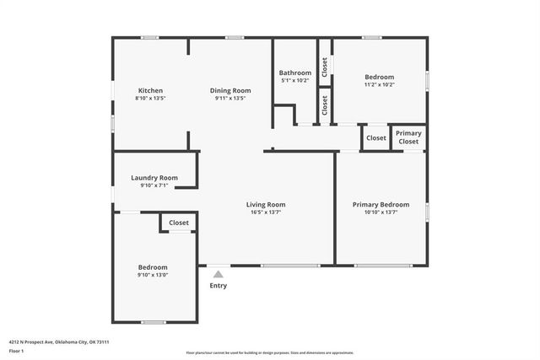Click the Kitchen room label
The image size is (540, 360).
pyautogui.click(x=150, y=90)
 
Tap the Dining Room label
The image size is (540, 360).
pyautogui.click(x=230, y=90)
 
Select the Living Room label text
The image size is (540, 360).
pyautogui.click(x=266, y=204)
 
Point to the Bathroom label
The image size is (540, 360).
pyautogui.click(x=295, y=73)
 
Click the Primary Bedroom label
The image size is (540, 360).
pyautogui.click(x=381, y=204)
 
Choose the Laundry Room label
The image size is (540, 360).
pyautogui.click(x=154, y=178)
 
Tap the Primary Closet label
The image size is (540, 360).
pyautogui.click(x=408, y=137)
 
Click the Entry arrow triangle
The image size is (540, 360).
pyautogui.click(x=219, y=273)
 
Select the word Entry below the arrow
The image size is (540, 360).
pyautogui.click(x=219, y=286)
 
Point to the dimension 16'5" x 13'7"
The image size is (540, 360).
pyautogui.click(x=266, y=212)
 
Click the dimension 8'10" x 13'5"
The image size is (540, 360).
pyautogui.click(x=150, y=99)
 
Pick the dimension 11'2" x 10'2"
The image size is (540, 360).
pyautogui.click(x=379, y=85)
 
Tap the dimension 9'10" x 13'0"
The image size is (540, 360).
pyautogui.click(x=153, y=275)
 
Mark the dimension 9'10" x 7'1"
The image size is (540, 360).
pyautogui.click(x=154, y=185)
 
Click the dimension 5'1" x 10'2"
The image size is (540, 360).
pyautogui.click(x=295, y=81)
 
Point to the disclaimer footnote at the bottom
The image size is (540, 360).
pyautogui.click(x=270, y=353)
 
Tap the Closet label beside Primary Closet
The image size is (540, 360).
pyautogui.click(x=375, y=138)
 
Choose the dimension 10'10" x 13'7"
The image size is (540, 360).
pyautogui.click(x=381, y=212)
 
